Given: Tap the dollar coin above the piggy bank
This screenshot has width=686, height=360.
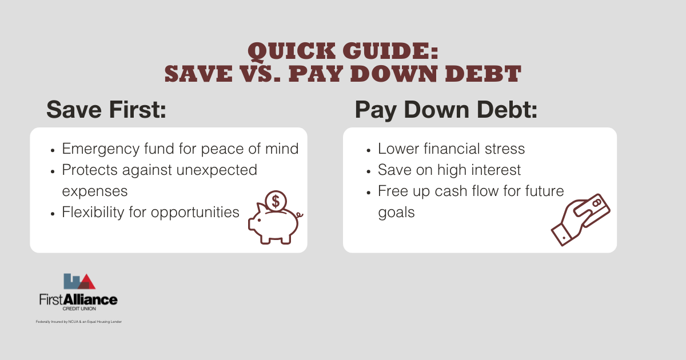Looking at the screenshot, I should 276,201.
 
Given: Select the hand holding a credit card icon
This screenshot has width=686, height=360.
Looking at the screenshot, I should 580,218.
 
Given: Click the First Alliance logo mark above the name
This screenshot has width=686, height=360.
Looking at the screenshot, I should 79,281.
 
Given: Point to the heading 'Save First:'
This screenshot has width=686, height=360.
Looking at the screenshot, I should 106,109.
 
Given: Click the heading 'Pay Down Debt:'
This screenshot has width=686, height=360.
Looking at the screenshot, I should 446,109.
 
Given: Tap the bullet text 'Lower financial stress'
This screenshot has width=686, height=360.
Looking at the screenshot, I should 451,149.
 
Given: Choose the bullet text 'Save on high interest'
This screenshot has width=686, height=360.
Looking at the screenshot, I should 449,170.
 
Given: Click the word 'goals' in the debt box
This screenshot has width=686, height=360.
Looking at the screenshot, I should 396,212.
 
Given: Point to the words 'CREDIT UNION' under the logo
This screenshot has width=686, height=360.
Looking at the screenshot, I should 78,309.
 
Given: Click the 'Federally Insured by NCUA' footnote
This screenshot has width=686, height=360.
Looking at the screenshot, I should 78,322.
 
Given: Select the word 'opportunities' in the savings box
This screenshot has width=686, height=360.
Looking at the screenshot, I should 194,212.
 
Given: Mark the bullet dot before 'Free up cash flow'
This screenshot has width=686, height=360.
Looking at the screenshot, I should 368,191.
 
